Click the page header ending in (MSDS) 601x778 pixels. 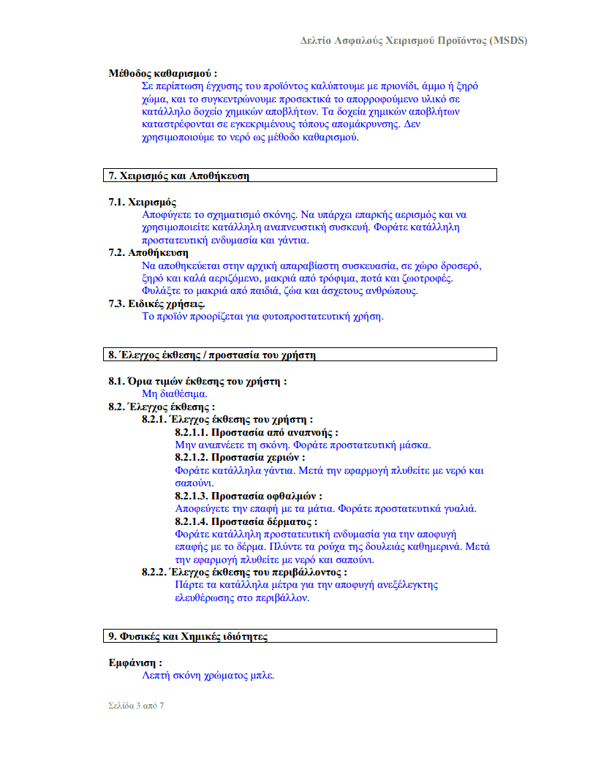point(413,40)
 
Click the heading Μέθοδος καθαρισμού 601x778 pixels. point(162,73)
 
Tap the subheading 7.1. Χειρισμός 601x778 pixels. point(143,203)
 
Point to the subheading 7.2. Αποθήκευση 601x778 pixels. point(148,253)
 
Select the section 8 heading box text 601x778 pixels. point(212,355)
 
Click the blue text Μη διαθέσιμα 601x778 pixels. point(169,393)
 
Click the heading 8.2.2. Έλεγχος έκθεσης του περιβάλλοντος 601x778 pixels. point(244,572)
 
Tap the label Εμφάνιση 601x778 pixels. point(135,662)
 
